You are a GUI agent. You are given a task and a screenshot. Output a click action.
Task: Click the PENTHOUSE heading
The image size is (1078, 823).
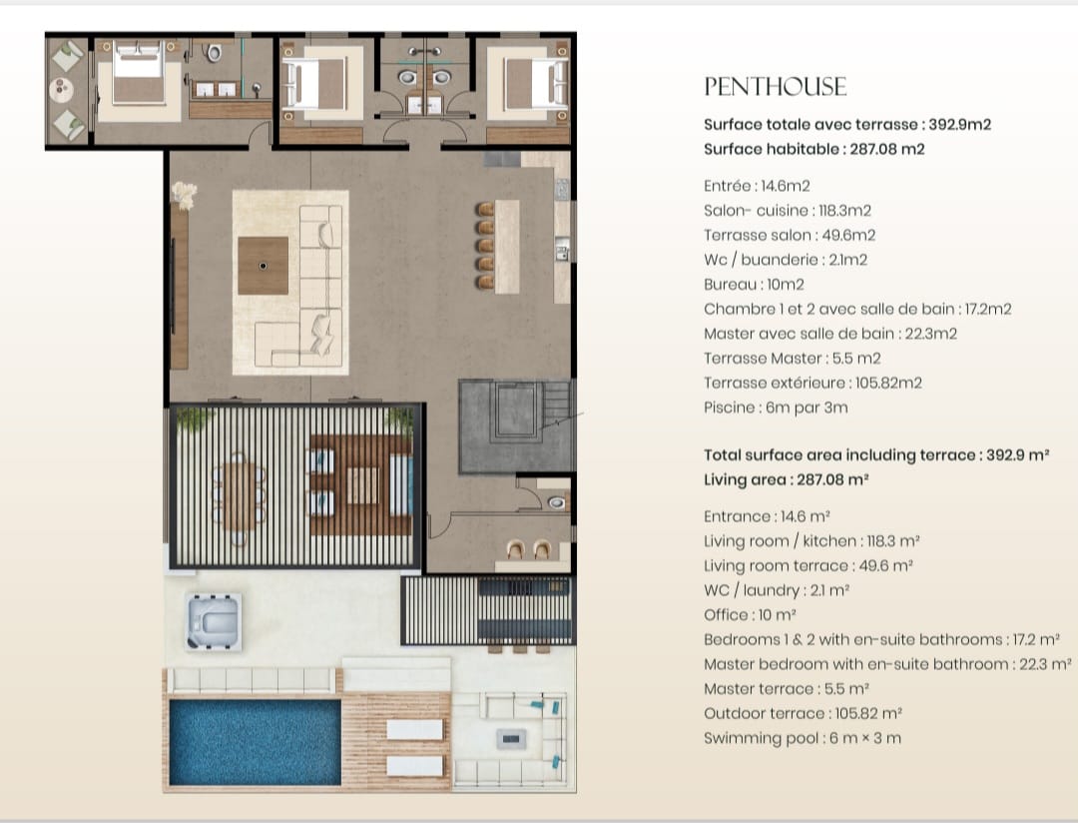click(x=775, y=87)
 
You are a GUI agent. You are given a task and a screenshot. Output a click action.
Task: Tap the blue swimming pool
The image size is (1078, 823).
click(x=256, y=742)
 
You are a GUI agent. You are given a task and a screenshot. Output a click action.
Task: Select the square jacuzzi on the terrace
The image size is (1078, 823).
click(x=214, y=622)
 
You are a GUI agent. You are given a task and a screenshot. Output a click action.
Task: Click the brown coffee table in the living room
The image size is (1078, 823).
click(x=264, y=266)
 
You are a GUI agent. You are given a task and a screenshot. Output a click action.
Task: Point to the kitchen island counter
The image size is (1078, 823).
click(x=507, y=247)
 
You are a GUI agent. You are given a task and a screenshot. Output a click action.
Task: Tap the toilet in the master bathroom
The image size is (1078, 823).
click(x=213, y=52)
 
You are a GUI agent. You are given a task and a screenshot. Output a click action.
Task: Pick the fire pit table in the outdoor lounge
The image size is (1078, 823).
click(x=511, y=739)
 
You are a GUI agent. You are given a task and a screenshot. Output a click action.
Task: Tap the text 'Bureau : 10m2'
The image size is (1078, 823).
click(x=754, y=285)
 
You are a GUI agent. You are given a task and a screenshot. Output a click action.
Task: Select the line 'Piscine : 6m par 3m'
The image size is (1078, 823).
click(x=776, y=408)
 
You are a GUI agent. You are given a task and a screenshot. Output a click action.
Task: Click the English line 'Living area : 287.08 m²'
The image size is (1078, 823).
click(x=786, y=479)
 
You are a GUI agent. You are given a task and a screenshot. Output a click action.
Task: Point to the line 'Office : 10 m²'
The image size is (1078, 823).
click(x=750, y=614)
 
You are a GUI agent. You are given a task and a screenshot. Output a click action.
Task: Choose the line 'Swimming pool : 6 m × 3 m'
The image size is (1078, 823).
click(x=803, y=738)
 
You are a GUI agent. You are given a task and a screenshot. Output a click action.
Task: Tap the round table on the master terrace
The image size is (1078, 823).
click(x=61, y=89)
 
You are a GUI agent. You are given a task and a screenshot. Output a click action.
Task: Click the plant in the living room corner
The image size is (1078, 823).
click(x=184, y=195)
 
